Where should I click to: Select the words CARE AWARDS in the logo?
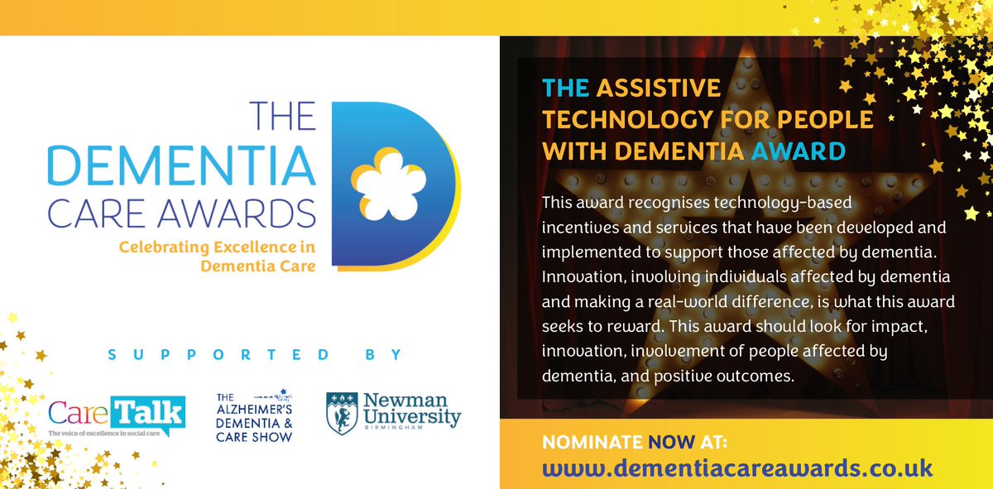(x=182, y=213)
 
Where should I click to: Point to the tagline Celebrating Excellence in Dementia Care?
(x=217, y=256)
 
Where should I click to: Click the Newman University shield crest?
(x=343, y=414)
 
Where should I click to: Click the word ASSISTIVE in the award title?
(x=658, y=89)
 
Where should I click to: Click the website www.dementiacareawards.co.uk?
(x=737, y=467)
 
